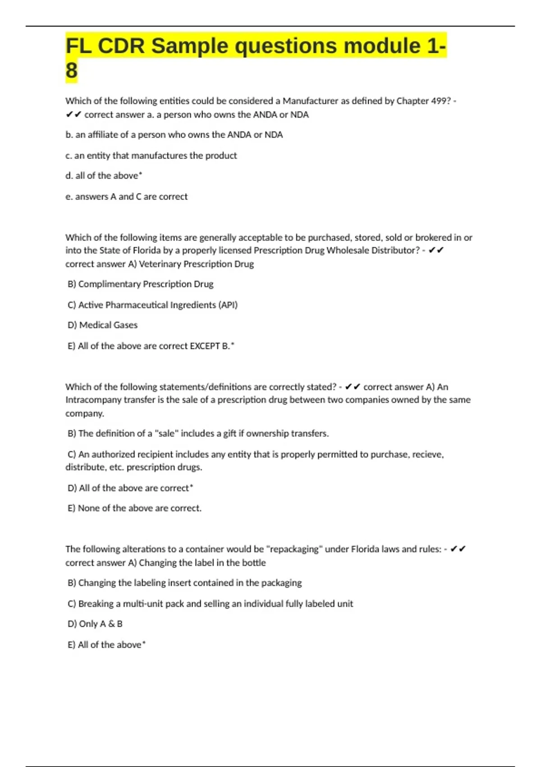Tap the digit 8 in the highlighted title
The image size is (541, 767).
click(x=72, y=71)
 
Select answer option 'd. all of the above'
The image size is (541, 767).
click(x=104, y=176)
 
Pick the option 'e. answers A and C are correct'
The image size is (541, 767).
click(x=126, y=197)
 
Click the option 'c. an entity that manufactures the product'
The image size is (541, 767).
click(x=151, y=156)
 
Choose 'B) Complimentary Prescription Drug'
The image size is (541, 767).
click(x=140, y=284)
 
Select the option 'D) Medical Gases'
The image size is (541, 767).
click(x=102, y=325)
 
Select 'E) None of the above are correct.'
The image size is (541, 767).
click(x=134, y=508)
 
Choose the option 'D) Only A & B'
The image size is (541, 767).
click(x=95, y=624)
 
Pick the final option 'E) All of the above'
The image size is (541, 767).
click(x=106, y=645)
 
